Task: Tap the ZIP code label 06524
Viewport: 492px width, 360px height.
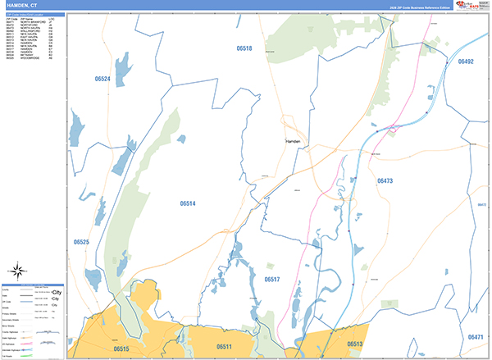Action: click(x=102, y=79)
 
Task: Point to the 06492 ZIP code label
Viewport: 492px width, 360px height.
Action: click(x=466, y=62)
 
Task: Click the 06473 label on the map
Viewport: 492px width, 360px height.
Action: click(x=385, y=180)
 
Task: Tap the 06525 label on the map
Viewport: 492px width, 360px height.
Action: click(x=80, y=242)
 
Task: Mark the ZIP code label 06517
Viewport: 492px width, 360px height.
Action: click(x=272, y=280)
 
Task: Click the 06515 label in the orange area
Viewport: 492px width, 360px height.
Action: click(x=121, y=349)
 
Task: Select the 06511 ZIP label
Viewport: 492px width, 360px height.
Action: click(x=224, y=348)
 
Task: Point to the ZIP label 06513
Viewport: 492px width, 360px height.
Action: click(x=354, y=344)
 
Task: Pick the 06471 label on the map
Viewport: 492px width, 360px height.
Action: click(x=476, y=337)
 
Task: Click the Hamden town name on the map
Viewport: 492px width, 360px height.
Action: click(x=294, y=141)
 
